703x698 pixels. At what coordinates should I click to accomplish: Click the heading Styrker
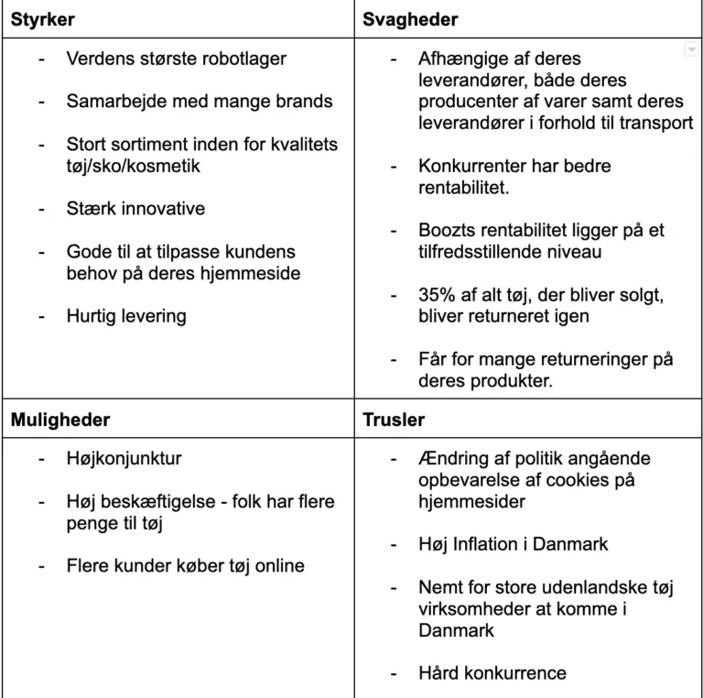[43, 19]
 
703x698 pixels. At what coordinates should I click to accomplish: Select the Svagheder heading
[410, 19]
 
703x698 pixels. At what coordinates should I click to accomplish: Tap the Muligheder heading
[60, 420]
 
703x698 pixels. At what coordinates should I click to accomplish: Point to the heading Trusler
[394, 420]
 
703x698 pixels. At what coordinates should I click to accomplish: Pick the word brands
[303, 102]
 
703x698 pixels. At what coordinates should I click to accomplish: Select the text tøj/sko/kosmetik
[134, 166]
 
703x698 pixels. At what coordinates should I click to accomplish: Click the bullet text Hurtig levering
[126, 316]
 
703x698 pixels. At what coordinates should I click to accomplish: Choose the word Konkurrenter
[475, 166]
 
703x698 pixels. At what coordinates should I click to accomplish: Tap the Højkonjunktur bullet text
[124, 458]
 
